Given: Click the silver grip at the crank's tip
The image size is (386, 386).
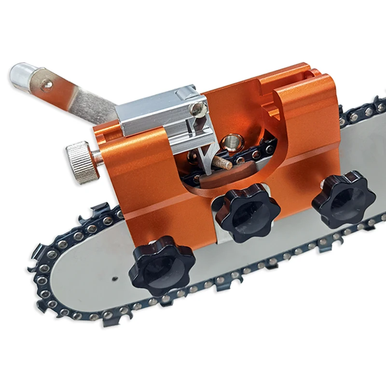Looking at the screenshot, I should [x=22, y=77].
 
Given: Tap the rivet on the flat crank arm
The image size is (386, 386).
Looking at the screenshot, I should [x=46, y=85].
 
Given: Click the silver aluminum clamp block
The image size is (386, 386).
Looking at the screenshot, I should [x=159, y=116].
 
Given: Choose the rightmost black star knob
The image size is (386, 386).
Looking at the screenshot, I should [x=344, y=198].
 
